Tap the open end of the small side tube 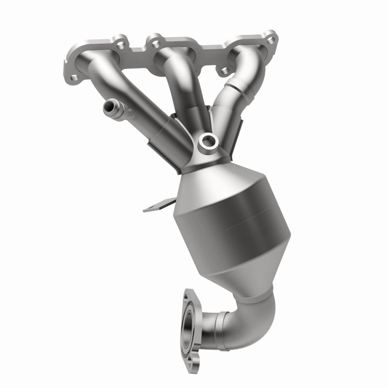105,106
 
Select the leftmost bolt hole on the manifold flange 74,78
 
